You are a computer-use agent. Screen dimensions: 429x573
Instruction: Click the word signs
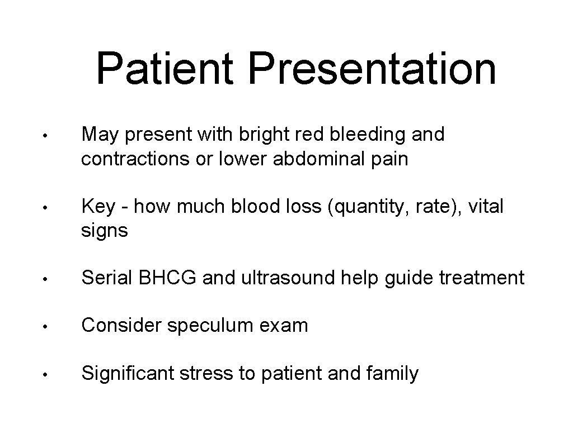105,231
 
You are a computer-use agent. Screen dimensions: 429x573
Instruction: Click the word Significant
128,374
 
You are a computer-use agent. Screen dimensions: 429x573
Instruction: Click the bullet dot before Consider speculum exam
50,326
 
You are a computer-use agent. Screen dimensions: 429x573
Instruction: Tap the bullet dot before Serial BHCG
50,278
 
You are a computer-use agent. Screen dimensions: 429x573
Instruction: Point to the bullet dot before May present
50,135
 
